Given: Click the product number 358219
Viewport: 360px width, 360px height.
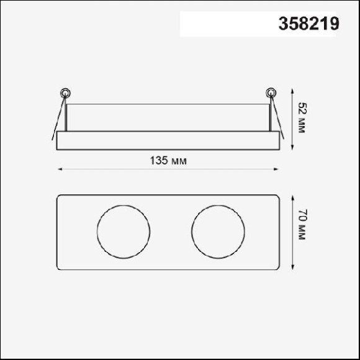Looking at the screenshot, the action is pyautogui.click(x=309, y=24).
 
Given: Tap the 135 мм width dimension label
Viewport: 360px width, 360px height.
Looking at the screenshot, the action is pyautogui.click(x=168, y=161).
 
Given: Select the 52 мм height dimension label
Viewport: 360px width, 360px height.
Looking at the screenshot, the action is pyautogui.click(x=302, y=118).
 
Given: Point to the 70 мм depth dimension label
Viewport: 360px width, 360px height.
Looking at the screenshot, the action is pyautogui.click(x=302, y=225).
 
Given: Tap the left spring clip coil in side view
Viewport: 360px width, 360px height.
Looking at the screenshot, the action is pyautogui.click(x=65, y=93).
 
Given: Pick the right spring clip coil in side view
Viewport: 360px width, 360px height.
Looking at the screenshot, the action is pyautogui.click(x=271, y=93).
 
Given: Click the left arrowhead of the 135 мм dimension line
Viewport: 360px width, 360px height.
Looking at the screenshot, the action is pyautogui.click(x=60, y=169).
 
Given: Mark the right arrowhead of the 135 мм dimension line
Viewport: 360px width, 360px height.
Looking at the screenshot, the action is pyautogui.click(x=276, y=169).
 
